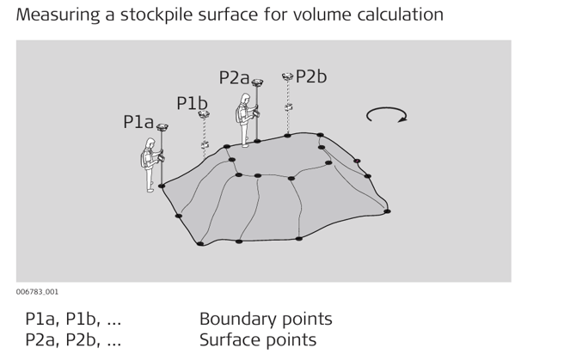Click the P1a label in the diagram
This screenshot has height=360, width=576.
coord(138,122)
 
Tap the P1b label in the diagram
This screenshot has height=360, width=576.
coord(192,103)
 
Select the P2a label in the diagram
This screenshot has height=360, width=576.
coord(234,77)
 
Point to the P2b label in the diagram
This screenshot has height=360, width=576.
coord(311,76)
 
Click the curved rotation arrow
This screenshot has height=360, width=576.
coord(386,115)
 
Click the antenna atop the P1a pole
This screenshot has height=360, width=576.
coord(162,128)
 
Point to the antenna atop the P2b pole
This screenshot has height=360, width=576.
coord(288,77)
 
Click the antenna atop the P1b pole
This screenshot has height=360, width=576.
coord(204,114)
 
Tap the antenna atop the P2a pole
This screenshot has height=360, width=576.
coord(257,83)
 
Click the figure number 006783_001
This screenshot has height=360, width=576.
coord(37,292)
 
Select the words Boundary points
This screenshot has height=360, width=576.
coord(266,319)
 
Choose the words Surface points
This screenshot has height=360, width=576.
coord(258,339)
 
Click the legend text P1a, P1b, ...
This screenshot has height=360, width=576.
coord(73,319)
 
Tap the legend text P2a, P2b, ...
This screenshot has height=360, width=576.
coord(73,339)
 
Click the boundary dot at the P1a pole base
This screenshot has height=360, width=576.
coord(162,186)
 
